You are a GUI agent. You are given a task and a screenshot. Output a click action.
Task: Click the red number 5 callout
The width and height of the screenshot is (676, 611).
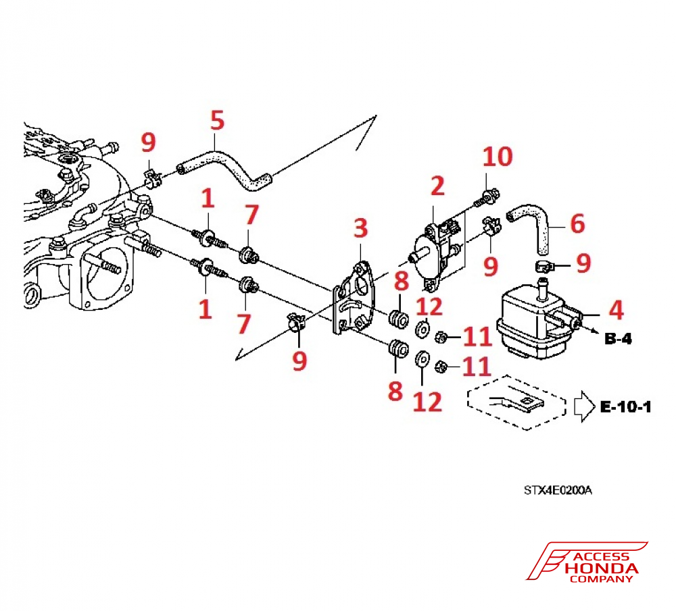click(216, 123)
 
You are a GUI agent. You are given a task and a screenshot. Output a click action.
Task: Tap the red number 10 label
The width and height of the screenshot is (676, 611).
click(498, 158)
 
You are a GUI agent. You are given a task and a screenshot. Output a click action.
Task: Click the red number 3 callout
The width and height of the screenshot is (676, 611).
click(361, 228)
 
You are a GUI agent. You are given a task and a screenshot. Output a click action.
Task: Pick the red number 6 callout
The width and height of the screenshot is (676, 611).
click(577, 223)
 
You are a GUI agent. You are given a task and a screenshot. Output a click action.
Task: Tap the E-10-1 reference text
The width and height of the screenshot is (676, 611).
click(625, 407)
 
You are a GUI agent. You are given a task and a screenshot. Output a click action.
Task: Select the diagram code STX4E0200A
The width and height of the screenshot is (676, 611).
click(557, 490)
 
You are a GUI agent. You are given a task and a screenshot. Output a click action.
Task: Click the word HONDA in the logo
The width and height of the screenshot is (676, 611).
click(601, 568)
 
